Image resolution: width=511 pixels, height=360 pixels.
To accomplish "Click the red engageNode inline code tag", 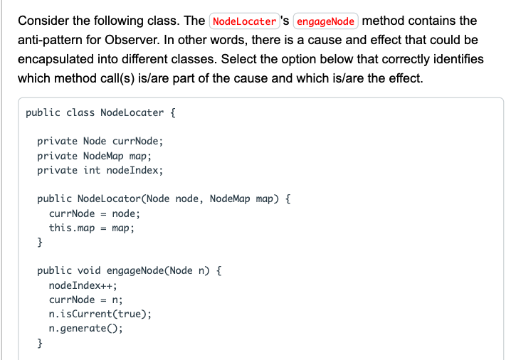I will [325, 21].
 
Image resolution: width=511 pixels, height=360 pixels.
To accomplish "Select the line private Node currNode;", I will [100, 141].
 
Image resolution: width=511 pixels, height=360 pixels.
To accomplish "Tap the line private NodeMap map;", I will [94, 156].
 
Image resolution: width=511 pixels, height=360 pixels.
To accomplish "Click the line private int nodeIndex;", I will [100, 170].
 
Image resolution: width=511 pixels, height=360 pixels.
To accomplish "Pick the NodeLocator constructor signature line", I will [164, 198].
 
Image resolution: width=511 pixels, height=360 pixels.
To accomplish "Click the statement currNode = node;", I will [95, 213].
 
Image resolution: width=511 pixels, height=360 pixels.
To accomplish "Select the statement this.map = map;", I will [91, 228].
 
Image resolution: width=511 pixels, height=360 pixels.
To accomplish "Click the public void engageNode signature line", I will [130, 271].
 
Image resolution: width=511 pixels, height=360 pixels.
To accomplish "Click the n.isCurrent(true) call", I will [100, 314].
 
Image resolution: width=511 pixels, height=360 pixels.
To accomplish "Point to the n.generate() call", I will [85, 329].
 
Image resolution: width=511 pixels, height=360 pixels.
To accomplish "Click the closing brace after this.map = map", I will [40, 243].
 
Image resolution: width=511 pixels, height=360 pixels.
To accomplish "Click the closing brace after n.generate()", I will [40, 344].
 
